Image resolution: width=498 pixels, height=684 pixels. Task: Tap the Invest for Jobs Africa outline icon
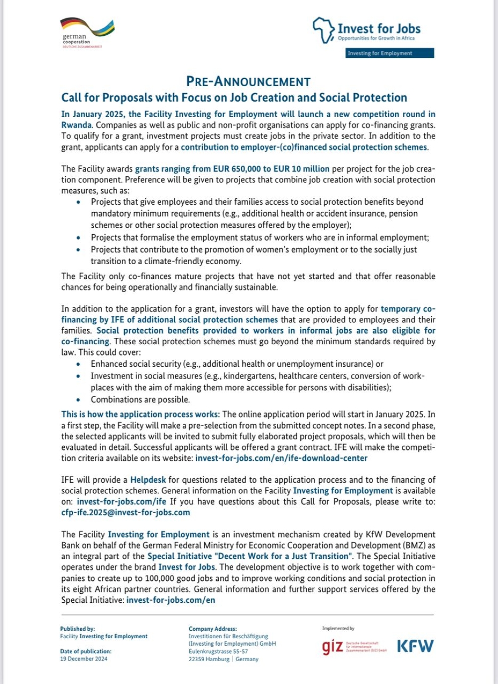323,30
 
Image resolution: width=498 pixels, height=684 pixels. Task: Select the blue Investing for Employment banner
390,53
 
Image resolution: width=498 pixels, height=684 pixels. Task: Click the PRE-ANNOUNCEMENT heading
248,82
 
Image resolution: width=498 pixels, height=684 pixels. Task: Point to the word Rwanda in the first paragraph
76,125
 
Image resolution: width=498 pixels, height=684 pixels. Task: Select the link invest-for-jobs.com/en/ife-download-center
281,458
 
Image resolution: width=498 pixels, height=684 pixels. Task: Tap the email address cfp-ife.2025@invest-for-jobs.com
125,512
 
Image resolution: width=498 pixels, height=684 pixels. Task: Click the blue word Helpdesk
148,480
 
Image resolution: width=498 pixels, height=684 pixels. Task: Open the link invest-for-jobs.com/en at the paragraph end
171,600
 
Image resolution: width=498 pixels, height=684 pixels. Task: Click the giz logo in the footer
333,647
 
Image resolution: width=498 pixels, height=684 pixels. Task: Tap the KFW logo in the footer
415,646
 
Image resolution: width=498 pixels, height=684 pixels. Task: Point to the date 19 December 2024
84,659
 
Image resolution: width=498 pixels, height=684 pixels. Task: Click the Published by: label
77,629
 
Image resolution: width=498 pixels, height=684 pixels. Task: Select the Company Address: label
213,629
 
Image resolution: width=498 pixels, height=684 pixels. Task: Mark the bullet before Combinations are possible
78,400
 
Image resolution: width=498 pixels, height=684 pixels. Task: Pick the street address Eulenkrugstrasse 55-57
218,651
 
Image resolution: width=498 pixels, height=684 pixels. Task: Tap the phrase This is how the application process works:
140,414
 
